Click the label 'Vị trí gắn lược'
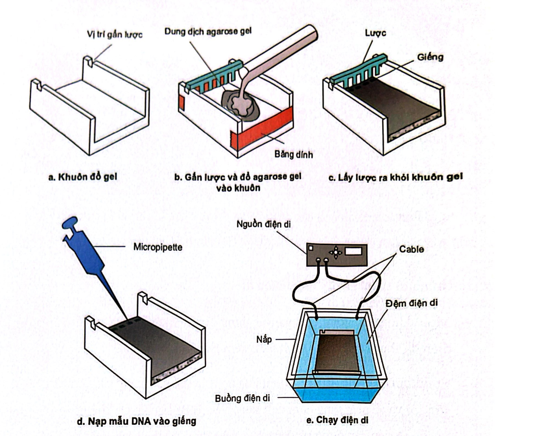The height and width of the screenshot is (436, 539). point(115,34)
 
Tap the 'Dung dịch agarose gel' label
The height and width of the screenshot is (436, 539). point(208,31)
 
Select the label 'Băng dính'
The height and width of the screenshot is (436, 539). point(293,155)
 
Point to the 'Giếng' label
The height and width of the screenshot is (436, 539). point(430,57)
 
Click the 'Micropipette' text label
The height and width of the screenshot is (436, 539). point(158,247)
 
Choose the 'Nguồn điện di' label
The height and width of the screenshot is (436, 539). point(263,224)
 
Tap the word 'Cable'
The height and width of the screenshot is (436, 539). point(411,249)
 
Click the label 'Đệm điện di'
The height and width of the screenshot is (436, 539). point(411,303)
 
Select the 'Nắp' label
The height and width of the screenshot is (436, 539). point(264,339)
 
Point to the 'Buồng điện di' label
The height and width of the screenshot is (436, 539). point(242,398)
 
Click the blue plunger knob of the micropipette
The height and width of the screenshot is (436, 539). point(70,223)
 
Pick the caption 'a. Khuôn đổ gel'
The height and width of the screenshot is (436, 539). point(83,177)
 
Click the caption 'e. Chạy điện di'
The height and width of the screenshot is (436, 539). point(337,420)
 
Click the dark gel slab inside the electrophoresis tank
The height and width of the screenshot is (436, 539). point(337,353)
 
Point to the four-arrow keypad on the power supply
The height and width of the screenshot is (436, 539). point(336,252)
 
